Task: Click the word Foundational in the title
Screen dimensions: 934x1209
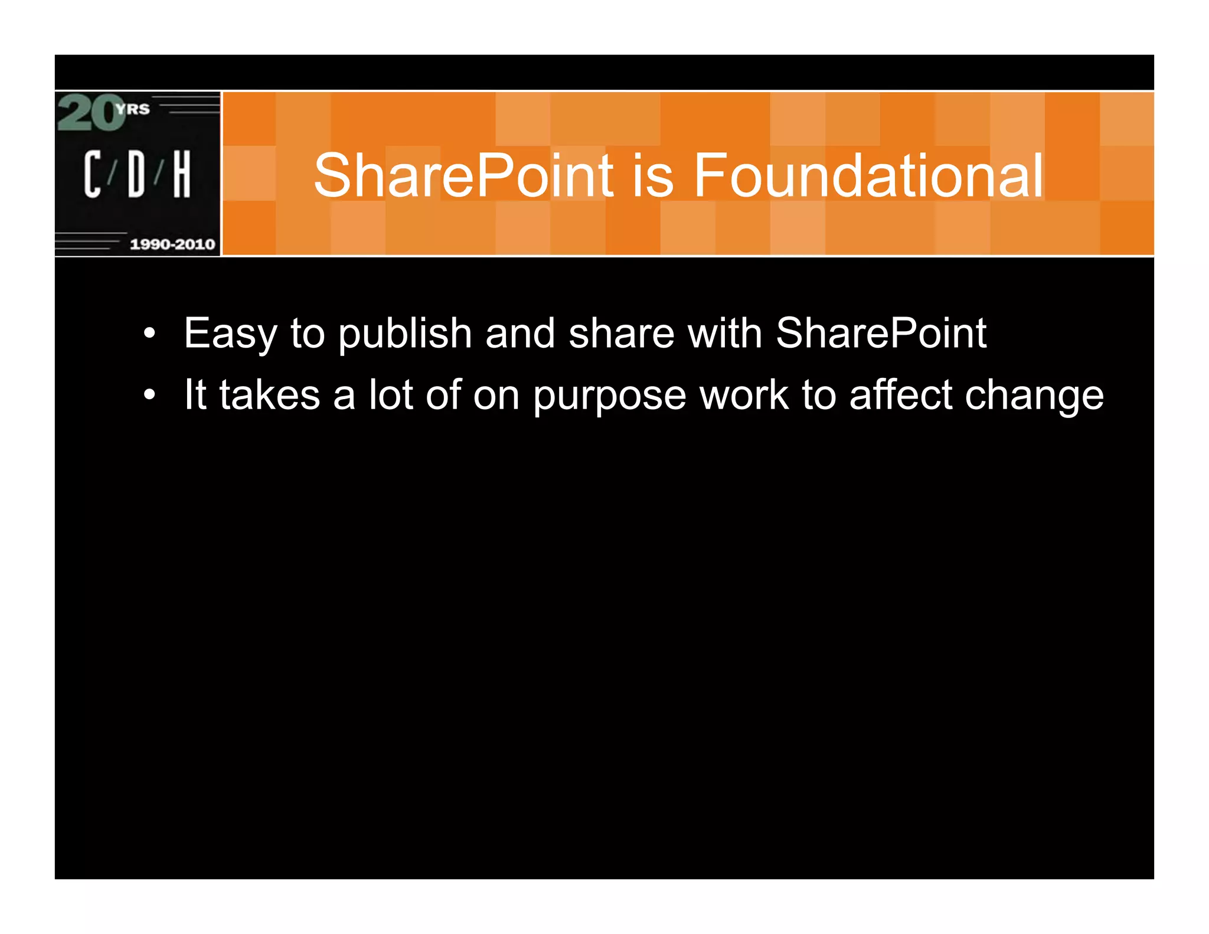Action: (x=868, y=175)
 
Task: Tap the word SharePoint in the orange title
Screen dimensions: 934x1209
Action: (x=463, y=175)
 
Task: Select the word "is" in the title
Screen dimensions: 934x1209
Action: (x=653, y=175)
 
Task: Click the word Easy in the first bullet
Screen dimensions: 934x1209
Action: (x=230, y=334)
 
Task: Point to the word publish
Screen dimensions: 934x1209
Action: (x=404, y=334)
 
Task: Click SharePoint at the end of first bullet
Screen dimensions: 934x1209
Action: (x=880, y=333)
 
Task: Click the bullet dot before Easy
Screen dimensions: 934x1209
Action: (x=150, y=334)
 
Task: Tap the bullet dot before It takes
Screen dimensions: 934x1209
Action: (x=150, y=395)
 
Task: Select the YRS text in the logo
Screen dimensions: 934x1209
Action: (x=133, y=109)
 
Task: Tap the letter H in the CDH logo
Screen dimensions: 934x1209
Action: (x=181, y=174)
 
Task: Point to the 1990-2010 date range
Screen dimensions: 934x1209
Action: (x=172, y=244)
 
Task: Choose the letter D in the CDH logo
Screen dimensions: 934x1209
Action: (x=136, y=174)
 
